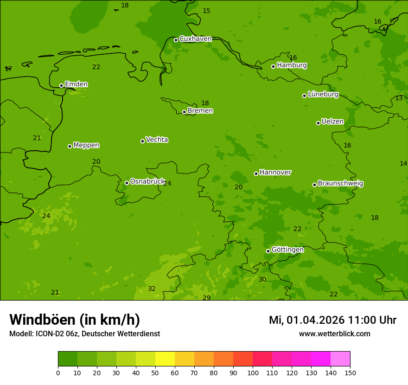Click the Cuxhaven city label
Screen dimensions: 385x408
195,39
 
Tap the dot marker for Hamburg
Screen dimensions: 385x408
273,66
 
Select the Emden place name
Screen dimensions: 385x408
76,84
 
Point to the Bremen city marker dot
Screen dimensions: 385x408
184,112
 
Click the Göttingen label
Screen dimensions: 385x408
287,250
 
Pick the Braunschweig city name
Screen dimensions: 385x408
340,184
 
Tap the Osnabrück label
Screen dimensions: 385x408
147,182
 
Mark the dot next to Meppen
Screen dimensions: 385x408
70,146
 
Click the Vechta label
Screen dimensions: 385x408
157,140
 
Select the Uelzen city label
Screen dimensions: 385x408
332,122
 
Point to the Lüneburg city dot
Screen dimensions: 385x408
304,96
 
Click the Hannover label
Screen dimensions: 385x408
275,173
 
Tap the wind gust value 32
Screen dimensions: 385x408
152,289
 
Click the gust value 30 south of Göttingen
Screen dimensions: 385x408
262,280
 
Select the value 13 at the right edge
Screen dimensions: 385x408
399,98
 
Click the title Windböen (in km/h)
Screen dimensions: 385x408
75,320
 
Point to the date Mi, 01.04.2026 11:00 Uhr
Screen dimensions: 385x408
332,320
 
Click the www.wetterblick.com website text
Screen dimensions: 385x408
334,334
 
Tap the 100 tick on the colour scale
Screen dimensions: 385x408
253,372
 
